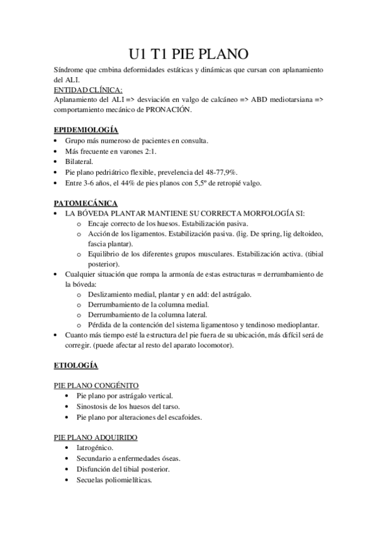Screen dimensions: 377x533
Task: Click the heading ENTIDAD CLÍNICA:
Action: point(88,90)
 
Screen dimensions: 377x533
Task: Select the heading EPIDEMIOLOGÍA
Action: point(86,129)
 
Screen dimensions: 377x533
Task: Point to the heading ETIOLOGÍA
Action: point(75,365)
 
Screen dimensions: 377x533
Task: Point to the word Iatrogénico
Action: point(94,448)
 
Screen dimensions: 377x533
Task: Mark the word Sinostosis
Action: point(94,407)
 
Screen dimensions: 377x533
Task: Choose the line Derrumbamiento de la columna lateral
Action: point(147,314)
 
